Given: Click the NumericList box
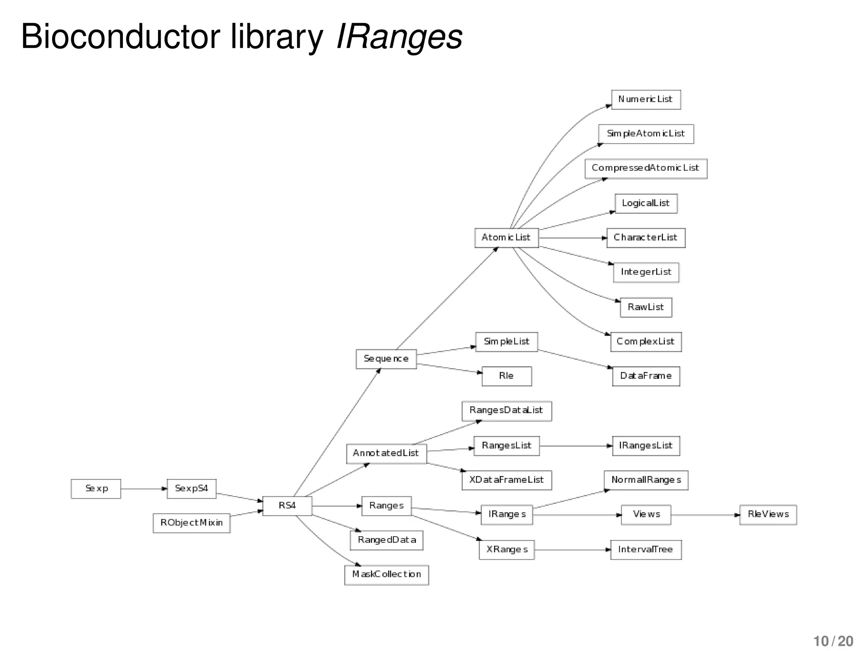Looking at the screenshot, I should [645, 100].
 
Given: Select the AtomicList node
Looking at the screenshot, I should [506, 238].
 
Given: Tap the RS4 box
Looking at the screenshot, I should [287, 506].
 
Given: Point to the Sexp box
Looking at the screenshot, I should [96, 489].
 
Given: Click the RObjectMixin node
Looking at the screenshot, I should [191, 523].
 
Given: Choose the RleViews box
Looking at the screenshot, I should [768, 515].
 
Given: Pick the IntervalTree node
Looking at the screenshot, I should [645, 550].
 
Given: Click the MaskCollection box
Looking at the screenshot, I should [386, 575].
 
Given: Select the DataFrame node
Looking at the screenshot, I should [645, 376].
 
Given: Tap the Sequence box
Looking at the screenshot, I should [386, 359].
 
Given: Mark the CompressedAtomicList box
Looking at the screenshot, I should [645, 168].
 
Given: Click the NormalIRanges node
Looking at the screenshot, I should [645, 480].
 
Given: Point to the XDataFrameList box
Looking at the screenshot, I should [506, 480].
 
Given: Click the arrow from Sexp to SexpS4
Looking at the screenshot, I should [144, 489].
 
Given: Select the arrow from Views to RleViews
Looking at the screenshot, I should [705, 515].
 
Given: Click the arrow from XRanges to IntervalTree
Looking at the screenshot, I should [572, 550].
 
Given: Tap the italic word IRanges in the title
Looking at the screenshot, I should [399, 36].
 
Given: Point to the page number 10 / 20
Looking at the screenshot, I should [833, 641].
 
